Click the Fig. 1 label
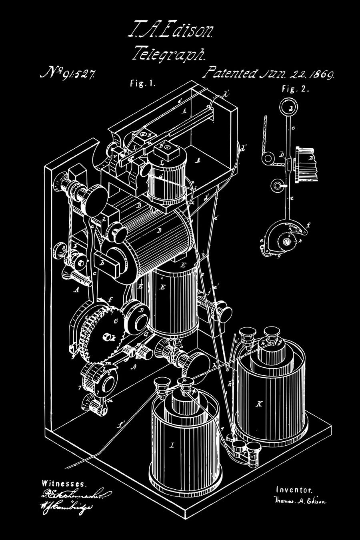pyautogui.click(x=142, y=84)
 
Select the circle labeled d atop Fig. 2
pyautogui.click(x=290, y=108)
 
